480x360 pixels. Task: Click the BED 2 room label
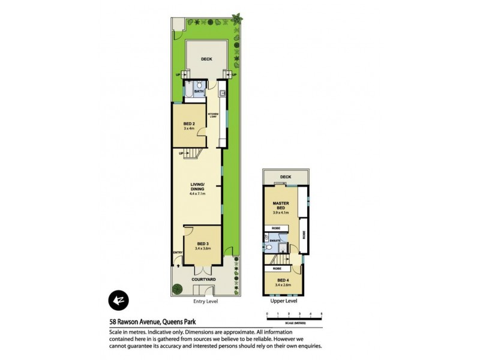pyautogui.click(x=189, y=124)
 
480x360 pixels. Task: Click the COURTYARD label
pyautogui.click(x=203, y=279)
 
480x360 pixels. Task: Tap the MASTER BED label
pyautogui.click(x=281, y=206)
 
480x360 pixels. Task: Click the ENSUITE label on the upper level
pyautogui.click(x=275, y=241)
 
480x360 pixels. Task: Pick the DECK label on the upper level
pyautogui.click(x=285, y=177)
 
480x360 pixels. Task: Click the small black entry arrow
pyautogui.click(x=178, y=259)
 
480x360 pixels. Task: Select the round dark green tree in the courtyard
pyautogui.click(x=177, y=289)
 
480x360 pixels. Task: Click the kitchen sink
pyautogui.click(x=222, y=93)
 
